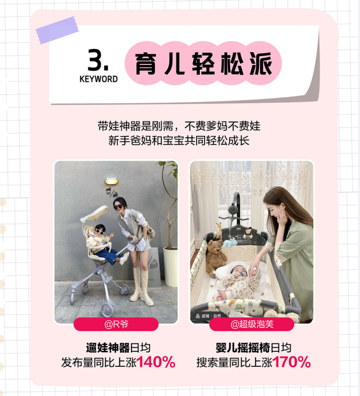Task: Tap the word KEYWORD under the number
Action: (99, 79)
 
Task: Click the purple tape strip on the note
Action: (57, 30)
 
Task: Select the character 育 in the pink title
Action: (145, 63)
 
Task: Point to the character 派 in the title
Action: (261, 63)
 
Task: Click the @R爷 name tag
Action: (116, 324)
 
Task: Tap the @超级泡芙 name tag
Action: (251, 324)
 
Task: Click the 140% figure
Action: (156, 362)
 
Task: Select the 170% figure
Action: (291, 362)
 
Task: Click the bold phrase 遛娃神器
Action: (108, 348)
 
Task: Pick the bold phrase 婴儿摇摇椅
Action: (243, 348)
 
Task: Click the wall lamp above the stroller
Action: (111, 181)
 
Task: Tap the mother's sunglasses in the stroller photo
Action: (118, 207)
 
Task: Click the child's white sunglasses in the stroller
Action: (99, 232)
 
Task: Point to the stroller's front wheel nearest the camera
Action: (108, 310)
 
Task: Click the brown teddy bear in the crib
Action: (216, 258)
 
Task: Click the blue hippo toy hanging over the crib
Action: (230, 243)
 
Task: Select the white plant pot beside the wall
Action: (170, 267)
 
